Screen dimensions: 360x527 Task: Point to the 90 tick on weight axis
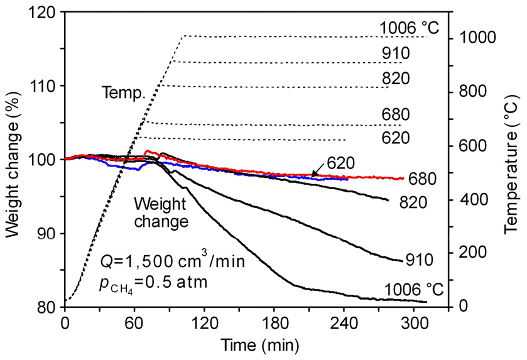pyautogui.click(x=50, y=234)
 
